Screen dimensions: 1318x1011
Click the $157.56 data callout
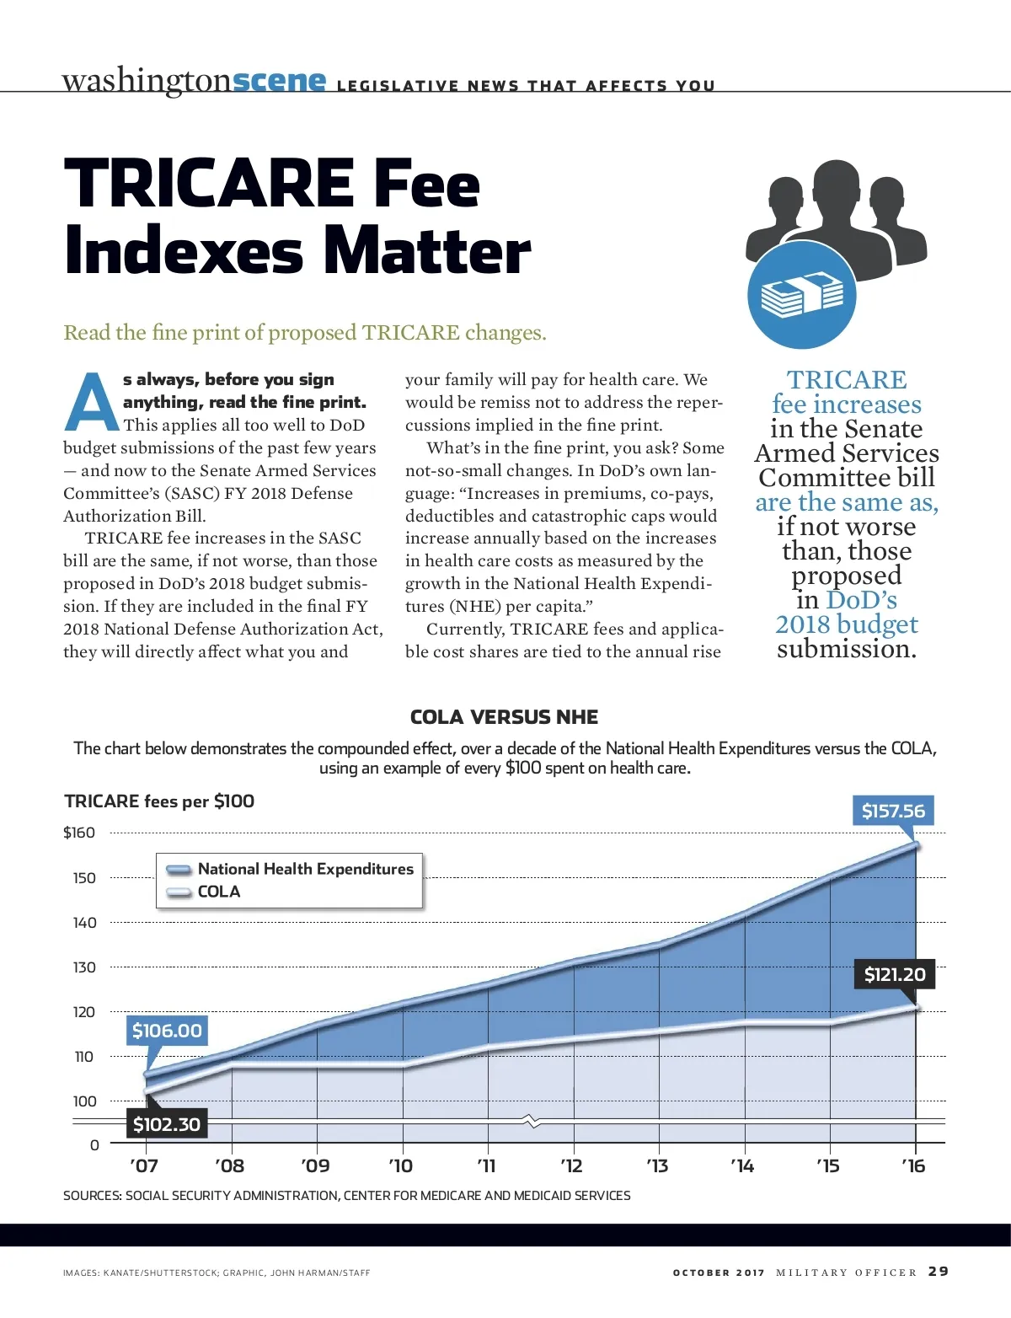click(x=893, y=812)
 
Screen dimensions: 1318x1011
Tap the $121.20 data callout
click(x=895, y=975)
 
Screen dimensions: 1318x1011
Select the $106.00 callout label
click(x=167, y=1031)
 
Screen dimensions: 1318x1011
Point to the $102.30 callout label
click(x=167, y=1124)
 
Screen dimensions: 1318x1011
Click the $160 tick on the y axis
click(x=79, y=833)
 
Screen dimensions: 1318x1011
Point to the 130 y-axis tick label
click(x=84, y=967)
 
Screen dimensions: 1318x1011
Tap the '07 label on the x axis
click(x=144, y=1166)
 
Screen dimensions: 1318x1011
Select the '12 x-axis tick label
click(x=572, y=1166)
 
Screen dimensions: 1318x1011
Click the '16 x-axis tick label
click(x=913, y=1166)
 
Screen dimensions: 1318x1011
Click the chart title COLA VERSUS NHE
click(x=504, y=717)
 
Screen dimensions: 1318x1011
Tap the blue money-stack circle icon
click(x=801, y=295)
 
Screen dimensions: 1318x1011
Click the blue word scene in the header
click(x=279, y=81)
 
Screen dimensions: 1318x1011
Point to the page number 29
click(x=939, y=1272)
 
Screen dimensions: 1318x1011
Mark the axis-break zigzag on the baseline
click(x=532, y=1121)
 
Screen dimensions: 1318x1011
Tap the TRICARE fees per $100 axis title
click(x=159, y=801)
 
